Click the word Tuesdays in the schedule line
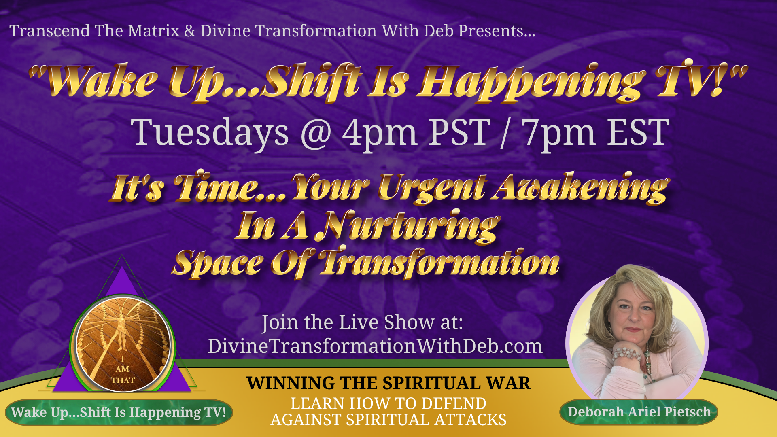coord(210,134)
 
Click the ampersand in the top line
coord(190,32)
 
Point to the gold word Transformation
coord(439,263)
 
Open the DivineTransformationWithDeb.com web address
coord(375,346)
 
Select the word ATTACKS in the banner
coord(470,420)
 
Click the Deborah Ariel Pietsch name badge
coord(639,412)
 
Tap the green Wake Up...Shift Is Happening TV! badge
coord(119,412)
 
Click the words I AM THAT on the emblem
coord(123,370)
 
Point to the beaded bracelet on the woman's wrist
coord(626,354)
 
